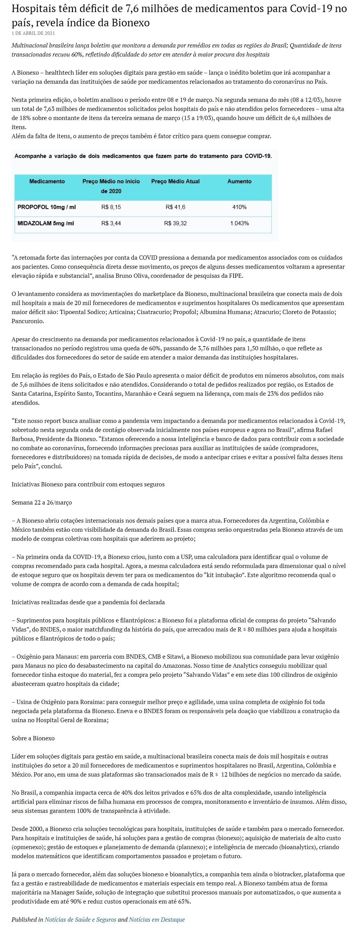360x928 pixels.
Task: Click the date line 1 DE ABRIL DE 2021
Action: pyautogui.click(x=33, y=33)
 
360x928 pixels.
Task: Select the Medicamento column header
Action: pyautogui.click(x=47, y=181)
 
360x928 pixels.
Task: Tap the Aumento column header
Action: pyautogui.click(x=239, y=181)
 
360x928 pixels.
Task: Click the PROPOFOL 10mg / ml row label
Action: pyautogui.click(x=47, y=207)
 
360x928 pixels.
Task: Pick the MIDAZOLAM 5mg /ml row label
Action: pyautogui.click(x=46, y=223)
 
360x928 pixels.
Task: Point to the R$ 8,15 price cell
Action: pyautogui.click(x=111, y=207)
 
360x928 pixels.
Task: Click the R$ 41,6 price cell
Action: pyautogui.click(x=175, y=207)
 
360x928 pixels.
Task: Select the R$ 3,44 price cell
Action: pyautogui.click(x=111, y=223)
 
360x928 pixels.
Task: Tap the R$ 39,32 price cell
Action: pyautogui.click(x=175, y=223)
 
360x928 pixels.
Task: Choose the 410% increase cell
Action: pyautogui.click(x=239, y=207)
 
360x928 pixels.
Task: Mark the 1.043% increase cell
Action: pyautogui.click(x=239, y=223)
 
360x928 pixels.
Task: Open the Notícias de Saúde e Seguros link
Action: pyautogui.click(x=80, y=919)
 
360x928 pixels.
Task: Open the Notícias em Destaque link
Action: pyautogui.click(x=157, y=919)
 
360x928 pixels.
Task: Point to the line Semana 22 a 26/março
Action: pyautogui.click(x=42, y=502)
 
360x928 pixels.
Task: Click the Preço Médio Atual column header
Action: pyautogui.click(x=175, y=181)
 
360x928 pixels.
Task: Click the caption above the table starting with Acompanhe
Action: pyautogui.click(x=143, y=156)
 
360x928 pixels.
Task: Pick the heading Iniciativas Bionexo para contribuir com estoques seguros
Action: pyautogui.click(x=88, y=484)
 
